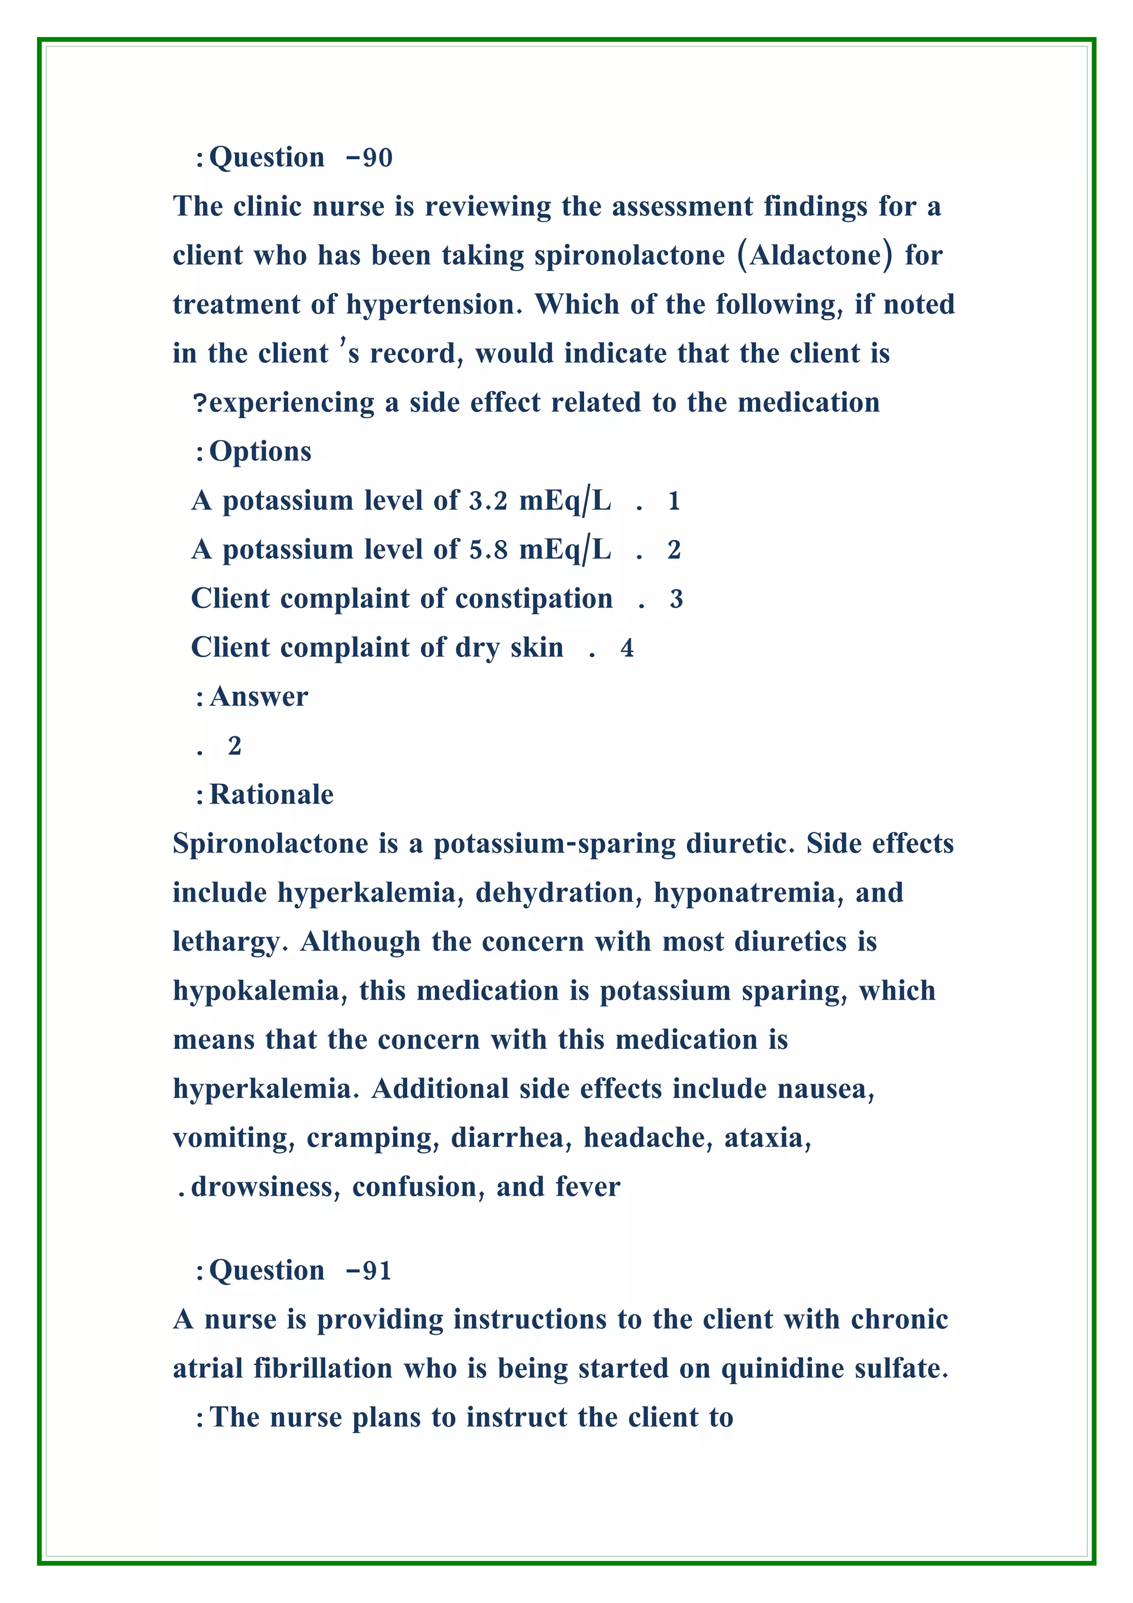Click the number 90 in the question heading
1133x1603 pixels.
pos(378,159)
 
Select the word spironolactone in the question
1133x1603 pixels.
pos(630,256)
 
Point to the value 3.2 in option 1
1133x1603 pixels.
pos(488,501)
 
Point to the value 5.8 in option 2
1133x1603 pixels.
pos(488,550)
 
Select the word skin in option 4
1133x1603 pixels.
pos(536,648)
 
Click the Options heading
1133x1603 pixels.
pos(261,452)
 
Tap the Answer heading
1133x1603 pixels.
pos(258,697)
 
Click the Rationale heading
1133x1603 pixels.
pos(271,794)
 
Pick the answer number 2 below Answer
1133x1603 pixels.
pos(235,746)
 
